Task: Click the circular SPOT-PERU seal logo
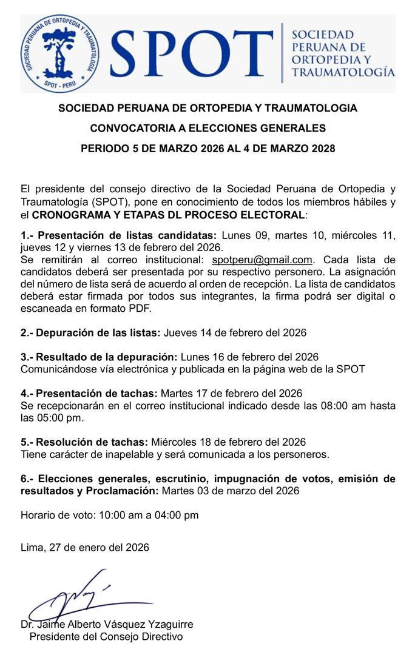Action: tap(59, 54)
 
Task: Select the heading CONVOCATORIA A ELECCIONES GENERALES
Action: tap(208, 128)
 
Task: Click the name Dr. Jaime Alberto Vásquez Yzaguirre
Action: tap(107, 625)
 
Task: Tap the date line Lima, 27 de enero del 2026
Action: tap(84, 547)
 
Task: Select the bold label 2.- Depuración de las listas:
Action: tap(90, 333)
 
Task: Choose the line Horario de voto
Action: tap(110, 516)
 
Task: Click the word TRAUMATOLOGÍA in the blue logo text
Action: tap(343, 73)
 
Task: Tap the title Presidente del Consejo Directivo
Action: tap(106, 637)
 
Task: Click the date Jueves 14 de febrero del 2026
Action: tap(235, 333)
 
